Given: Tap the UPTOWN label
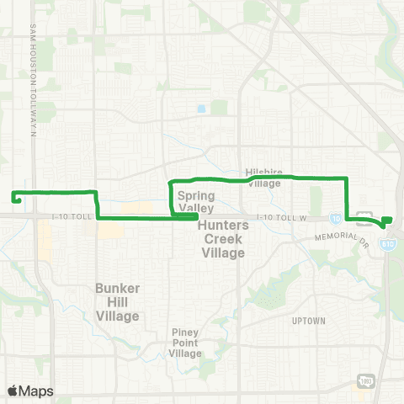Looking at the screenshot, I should [x=309, y=321].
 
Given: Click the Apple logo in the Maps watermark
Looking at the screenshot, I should [x=13, y=391].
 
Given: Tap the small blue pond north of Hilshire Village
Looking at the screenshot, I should [x=201, y=109].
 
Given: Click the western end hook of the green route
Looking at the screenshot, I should [x=14, y=198].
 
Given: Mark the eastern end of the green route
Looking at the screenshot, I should [x=388, y=221].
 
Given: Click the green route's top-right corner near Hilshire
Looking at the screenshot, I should [x=346, y=178].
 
